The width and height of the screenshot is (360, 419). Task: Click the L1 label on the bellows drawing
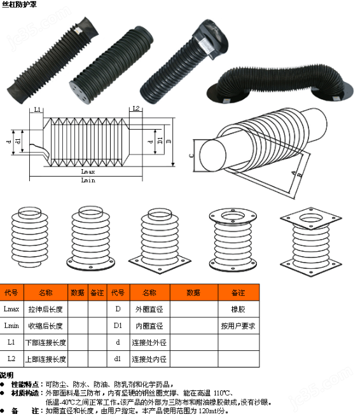(x=38, y=109)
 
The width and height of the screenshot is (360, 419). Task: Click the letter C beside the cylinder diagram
(x=191, y=155)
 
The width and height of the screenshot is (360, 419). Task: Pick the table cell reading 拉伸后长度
(x=46, y=309)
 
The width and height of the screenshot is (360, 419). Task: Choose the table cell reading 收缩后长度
(x=46, y=326)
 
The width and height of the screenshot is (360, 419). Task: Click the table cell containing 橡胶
(x=239, y=309)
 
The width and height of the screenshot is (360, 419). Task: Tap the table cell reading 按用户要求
(x=239, y=326)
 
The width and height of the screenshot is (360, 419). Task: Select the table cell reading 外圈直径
(x=149, y=309)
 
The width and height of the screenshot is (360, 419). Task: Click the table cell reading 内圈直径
(x=149, y=326)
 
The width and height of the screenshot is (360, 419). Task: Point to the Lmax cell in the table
(x=11, y=309)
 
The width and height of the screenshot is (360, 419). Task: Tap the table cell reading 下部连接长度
(x=46, y=343)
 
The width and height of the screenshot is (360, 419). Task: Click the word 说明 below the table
(x=6, y=375)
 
